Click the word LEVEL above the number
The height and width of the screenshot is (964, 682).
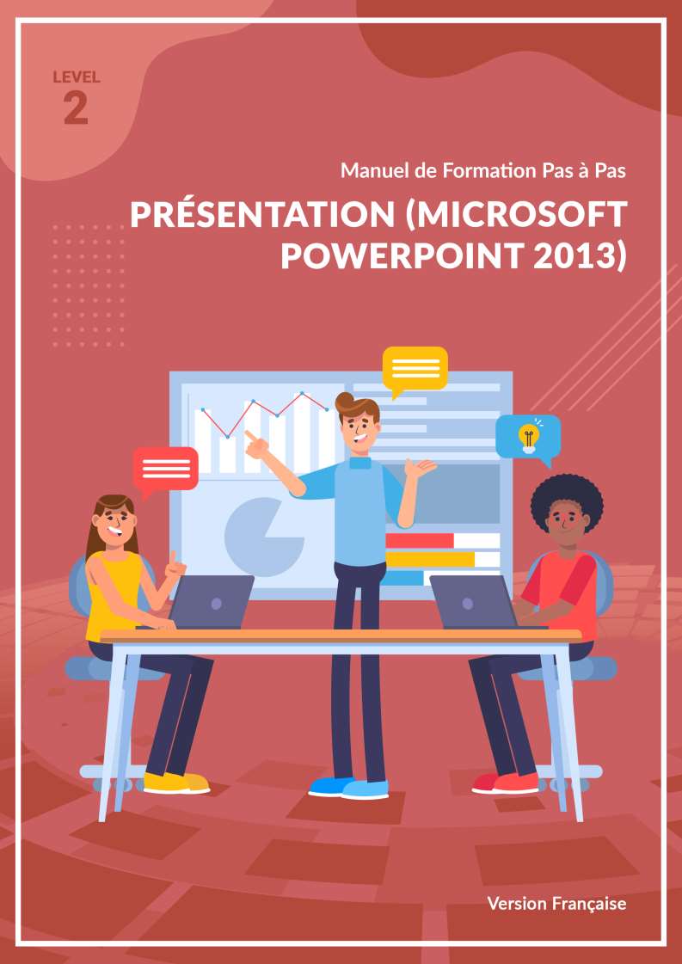[77, 77]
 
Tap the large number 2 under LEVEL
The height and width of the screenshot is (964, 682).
[77, 108]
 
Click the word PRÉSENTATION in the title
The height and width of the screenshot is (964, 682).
[261, 214]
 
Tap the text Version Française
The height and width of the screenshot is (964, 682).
[556, 903]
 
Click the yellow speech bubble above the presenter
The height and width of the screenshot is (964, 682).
[415, 370]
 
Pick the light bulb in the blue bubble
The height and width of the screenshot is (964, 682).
[528, 438]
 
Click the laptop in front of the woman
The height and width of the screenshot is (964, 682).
[211, 602]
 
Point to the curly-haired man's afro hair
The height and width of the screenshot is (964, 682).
[567, 500]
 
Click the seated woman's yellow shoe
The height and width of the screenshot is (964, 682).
[176, 782]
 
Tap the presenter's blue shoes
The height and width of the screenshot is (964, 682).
[348, 788]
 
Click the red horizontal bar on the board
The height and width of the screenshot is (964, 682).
[420, 540]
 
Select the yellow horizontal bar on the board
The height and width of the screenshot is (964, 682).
[431, 559]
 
